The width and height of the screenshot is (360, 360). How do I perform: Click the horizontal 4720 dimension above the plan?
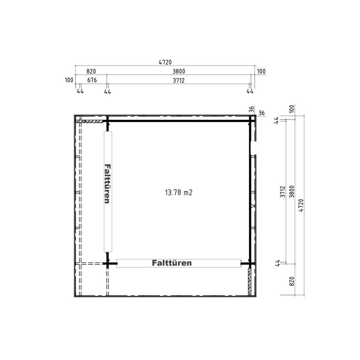[x=165, y=62]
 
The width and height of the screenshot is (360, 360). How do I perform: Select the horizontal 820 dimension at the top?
[x=91, y=71]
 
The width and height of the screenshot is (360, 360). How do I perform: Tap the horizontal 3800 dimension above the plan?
[x=178, y=71]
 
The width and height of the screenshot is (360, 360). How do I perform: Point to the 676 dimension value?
[x=92, y=80]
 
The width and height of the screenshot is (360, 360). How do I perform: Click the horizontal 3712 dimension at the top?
[x=178, y=80]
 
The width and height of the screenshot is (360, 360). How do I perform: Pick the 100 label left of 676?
[x=69, y=80]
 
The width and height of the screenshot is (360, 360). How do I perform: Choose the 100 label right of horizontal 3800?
[x=261, y=71]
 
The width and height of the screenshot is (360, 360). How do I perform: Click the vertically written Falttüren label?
[x=107, y=184]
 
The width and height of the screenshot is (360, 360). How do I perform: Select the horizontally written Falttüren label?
[x=172, y=263]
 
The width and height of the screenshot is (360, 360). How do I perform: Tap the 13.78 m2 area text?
[x=178, y=192]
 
